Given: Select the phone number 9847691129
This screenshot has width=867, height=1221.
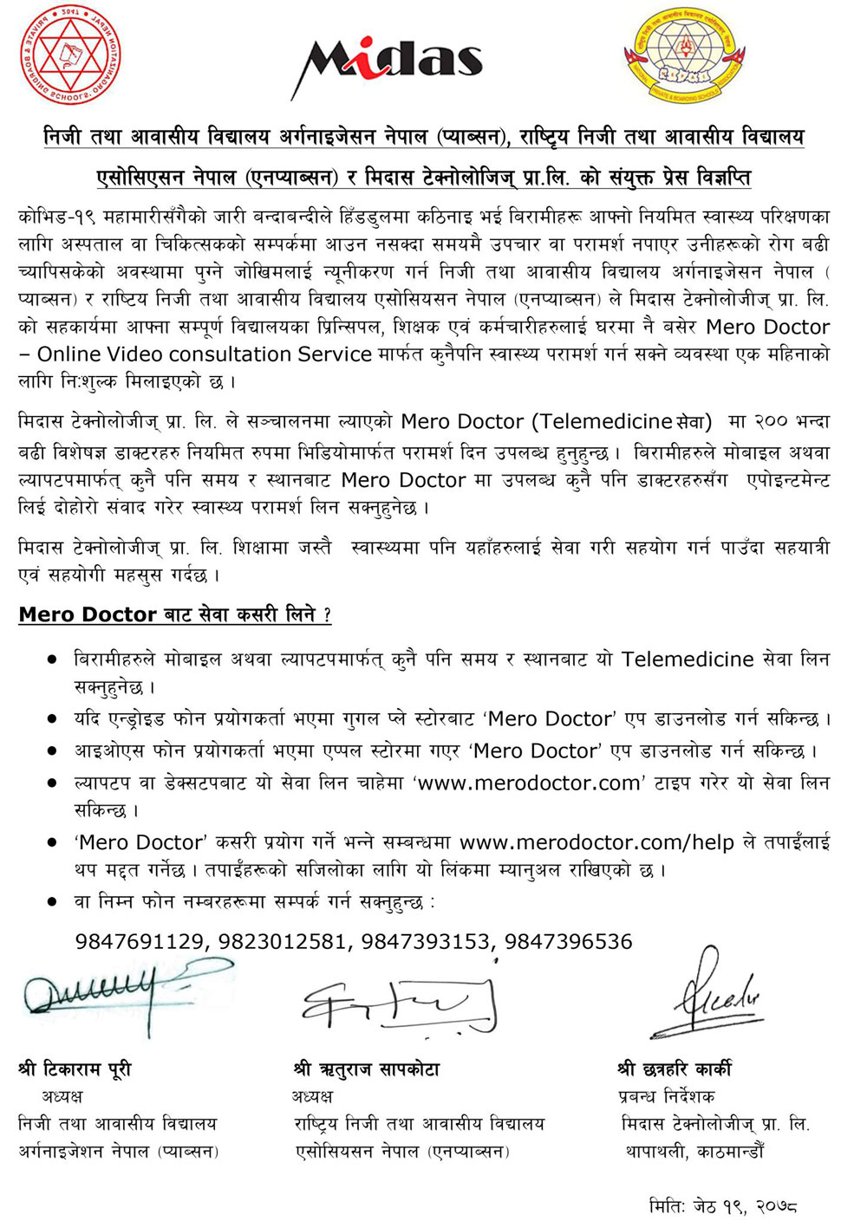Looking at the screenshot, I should click(140, 941).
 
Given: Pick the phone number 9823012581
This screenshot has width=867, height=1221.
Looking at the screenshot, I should click(282, 941).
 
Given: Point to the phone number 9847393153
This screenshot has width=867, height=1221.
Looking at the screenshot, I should click(426, 941).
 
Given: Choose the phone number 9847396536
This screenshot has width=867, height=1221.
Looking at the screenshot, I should click(569, 941).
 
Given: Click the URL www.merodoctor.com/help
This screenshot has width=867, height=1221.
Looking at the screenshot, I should click(596, 842).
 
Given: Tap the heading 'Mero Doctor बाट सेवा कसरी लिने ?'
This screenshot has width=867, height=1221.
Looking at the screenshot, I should click(174, 614).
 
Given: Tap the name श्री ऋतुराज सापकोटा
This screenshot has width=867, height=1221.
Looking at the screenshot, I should click(367, 1069).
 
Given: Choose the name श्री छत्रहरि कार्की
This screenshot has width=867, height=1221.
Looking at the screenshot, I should click(675, 1069).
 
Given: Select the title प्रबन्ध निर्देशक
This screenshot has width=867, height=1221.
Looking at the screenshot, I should click(667, 1097).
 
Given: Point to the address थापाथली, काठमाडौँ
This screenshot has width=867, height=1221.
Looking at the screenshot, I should click(694, 1152).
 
